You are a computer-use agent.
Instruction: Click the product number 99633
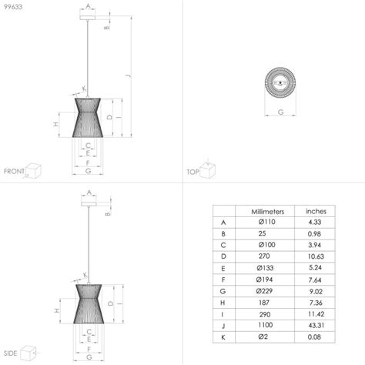click(x=13, y=8)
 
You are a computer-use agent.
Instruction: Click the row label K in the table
click(x=223, y=338)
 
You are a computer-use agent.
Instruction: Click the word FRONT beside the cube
click(x=14, y=171)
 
